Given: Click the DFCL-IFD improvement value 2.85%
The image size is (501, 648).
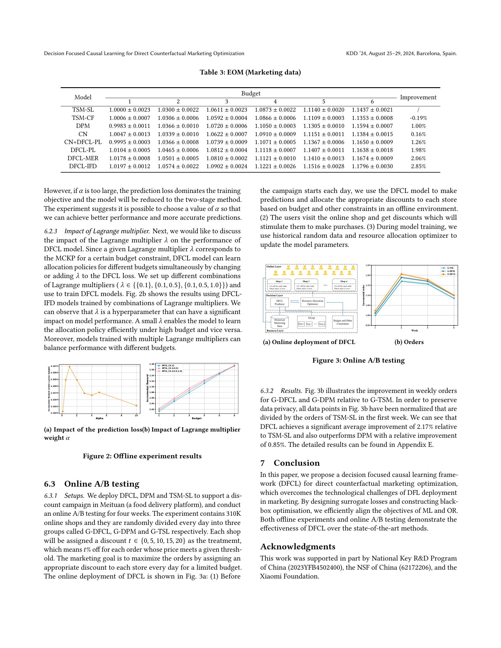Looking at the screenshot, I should (x=418, y=166).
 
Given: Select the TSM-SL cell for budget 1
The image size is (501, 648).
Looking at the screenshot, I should (x=129, y=110).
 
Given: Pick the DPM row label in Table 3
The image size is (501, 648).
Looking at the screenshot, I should (x=83, y=126).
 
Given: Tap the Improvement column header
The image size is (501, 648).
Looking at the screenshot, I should (x=418, y=97).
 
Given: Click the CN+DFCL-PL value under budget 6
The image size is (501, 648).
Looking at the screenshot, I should (x=372, y=142).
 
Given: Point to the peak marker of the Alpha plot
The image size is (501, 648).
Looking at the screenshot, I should (x=70, y=367).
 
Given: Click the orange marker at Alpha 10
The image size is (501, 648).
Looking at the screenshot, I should (x=136, y=406).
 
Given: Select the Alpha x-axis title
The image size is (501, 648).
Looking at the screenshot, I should (x=99, y=418).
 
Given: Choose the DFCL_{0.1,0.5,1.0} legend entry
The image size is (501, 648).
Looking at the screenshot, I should (x=172, y=371).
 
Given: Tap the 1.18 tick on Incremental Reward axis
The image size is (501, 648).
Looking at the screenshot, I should (x=152, y=364).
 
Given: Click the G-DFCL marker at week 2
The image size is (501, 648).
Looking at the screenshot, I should (x=401, y=274).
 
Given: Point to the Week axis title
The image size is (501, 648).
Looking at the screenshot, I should (x=414, y=330).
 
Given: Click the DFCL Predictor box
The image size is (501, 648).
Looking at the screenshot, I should (x=279, y=302).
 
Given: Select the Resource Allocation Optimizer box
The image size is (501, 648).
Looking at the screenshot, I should (x=312, y=302).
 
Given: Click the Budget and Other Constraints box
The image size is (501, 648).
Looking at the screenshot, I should (x=342, y=322).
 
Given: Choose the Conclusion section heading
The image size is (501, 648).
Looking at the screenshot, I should (x=296, y=463).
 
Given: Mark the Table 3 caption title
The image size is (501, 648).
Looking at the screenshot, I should (x=250, y=72).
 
